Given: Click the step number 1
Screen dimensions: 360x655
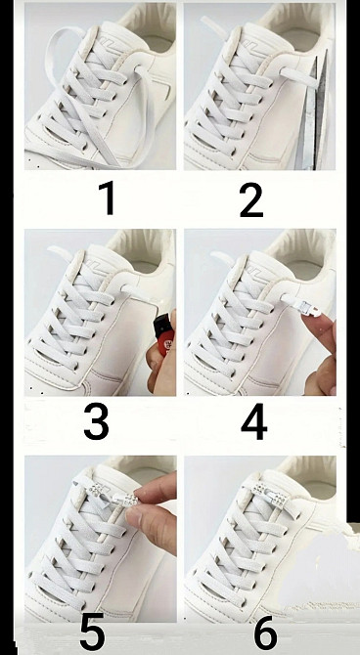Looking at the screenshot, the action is (x=108, y=198).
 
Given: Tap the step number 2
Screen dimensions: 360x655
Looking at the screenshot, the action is (x=251, y=200).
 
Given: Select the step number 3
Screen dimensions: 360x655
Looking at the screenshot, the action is (x=96, y=421).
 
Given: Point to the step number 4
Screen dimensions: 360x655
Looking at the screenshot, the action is (x=254, y=421).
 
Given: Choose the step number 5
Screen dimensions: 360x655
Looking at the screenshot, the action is (x=92, y=633).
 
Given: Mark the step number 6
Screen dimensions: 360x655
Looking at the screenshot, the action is (x=265, y=633).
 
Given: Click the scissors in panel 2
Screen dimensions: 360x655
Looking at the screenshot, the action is (x=313, y=112).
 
